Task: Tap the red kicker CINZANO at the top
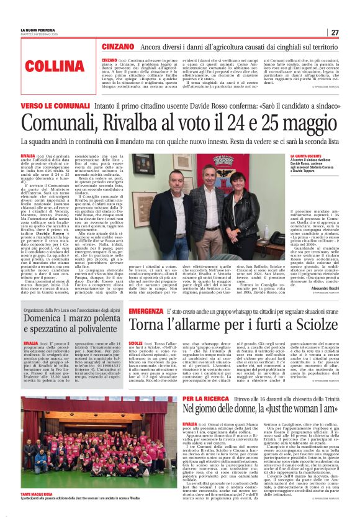(x=118, y=47)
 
